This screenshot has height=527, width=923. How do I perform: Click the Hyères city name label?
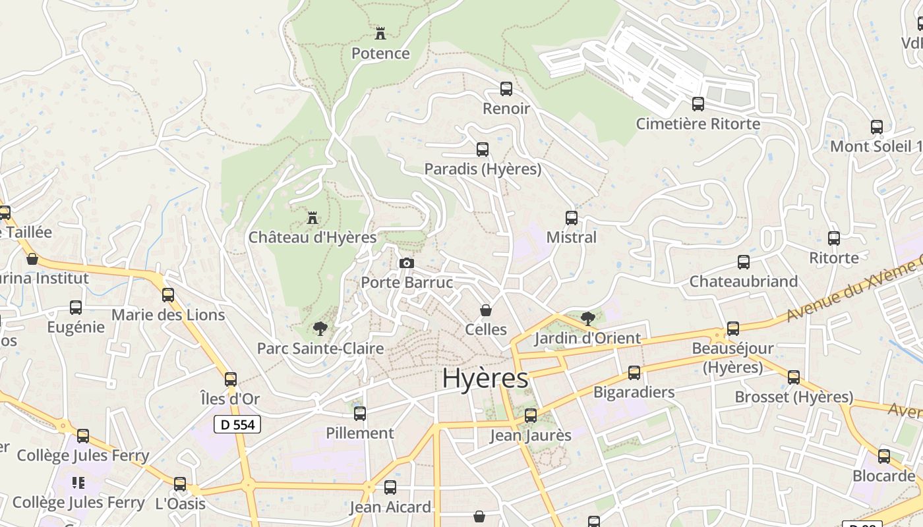(485, 379)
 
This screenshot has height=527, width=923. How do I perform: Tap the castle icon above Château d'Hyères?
(313, 217)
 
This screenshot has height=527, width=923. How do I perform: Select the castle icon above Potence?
(380, 33)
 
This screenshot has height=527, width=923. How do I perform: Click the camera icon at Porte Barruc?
(407, 263)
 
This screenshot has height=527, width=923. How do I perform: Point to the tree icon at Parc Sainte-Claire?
(320, 328)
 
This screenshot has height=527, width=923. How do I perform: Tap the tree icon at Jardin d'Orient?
(587, 319)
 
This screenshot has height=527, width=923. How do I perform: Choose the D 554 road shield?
(237, 425)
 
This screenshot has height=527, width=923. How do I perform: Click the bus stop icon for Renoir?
(506, 89)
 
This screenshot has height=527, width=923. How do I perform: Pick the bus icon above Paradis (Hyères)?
(483, 150)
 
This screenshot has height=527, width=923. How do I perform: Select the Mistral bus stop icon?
(572, 218)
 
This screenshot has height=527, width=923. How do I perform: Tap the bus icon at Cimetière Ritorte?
(698, 104)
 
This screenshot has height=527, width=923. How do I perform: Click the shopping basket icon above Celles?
(486, 310)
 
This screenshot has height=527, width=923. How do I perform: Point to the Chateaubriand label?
(744, 281)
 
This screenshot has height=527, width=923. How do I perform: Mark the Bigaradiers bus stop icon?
(634, 373)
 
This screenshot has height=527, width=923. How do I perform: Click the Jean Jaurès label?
(531, 435)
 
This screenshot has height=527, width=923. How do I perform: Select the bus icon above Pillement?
(360, 414)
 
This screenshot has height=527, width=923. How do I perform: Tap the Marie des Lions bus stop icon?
(168, 295)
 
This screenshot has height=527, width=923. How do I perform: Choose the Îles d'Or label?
(230, 399)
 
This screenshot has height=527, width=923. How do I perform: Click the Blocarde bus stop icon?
(884, 457)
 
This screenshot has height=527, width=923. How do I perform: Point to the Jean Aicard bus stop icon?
(390, 487)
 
